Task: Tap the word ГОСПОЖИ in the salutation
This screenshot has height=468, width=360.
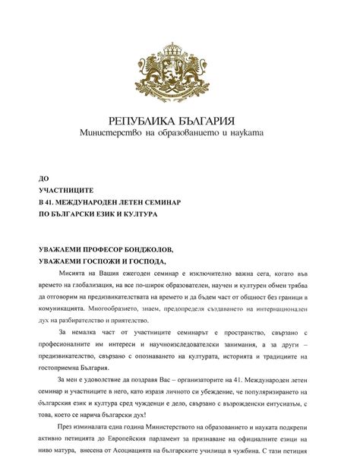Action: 105,261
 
